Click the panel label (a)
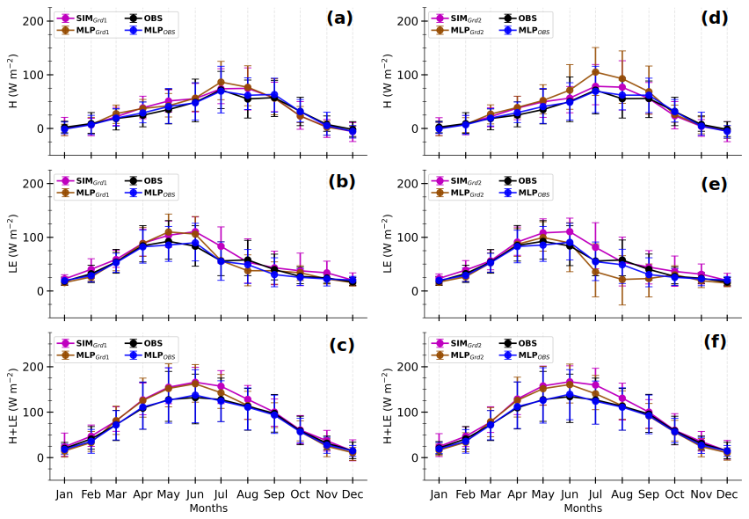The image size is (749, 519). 339,18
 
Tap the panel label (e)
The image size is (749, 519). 713,184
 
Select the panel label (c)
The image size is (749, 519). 341,346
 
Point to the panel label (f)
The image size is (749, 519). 715,342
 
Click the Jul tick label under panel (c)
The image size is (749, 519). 220,495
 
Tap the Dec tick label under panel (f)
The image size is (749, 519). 726,495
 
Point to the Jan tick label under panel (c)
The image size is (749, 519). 64,495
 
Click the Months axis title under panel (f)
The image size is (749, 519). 583,508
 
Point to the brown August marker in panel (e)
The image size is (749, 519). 622,280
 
